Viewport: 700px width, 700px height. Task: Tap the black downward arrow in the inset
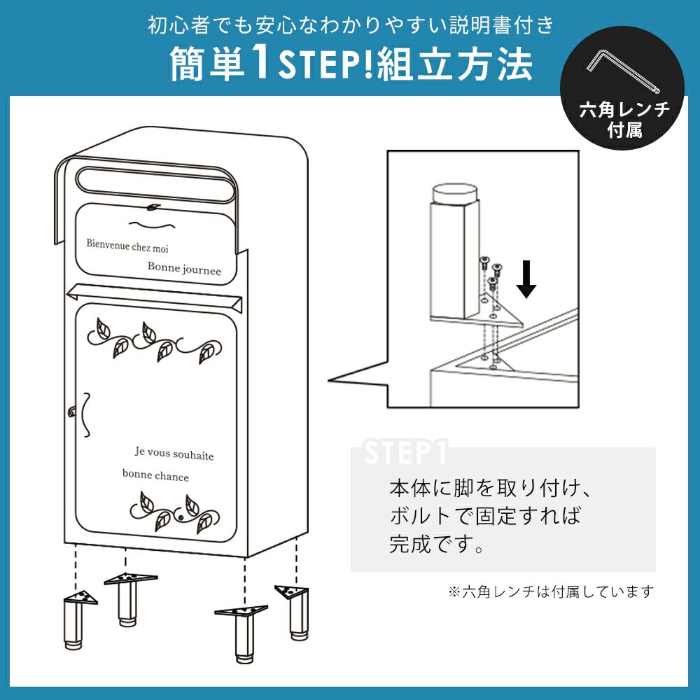(526, 279)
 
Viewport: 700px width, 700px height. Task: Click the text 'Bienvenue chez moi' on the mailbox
(127, 246)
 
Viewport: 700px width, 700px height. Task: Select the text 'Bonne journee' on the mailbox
(184, 268)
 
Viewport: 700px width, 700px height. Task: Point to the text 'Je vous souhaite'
(174, 454)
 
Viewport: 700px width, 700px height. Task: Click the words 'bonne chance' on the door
(156, 475)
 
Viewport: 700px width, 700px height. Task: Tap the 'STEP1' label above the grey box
(405, 451)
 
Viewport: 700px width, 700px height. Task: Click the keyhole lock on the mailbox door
(71, 412)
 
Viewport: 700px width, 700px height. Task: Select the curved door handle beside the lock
(86, 414)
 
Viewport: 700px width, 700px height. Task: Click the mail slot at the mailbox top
(156, 185)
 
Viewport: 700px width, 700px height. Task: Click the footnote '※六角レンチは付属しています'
(551, 591)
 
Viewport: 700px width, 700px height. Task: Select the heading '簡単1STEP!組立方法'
(351, 64)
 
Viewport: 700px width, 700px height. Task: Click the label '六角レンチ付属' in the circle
(624, 120)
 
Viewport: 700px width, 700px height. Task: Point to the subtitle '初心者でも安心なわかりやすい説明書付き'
(351, 25)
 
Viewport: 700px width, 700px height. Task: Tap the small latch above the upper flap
(153, 206)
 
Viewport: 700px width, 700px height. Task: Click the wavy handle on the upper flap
(152, 224)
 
